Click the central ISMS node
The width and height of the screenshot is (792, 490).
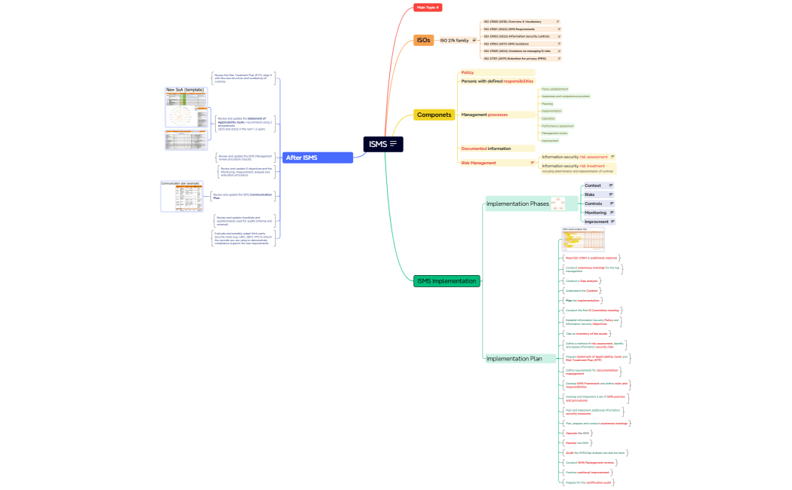383,143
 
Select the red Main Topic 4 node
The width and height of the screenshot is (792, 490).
427,8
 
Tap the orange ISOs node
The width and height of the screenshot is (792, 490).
423,40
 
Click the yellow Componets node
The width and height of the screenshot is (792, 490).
434,115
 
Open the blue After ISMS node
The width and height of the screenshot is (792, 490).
318,158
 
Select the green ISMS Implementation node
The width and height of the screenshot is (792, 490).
447,281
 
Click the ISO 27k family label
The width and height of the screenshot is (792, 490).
454,40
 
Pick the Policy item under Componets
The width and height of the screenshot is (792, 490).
468,72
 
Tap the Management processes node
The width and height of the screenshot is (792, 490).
484,115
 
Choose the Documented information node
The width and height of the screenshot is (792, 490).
486,149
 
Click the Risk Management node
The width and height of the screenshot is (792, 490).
479,163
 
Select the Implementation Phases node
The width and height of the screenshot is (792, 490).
517,204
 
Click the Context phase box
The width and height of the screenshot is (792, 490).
594,185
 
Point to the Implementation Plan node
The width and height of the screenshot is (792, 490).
514,359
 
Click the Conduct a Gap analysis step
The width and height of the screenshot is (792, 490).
582,280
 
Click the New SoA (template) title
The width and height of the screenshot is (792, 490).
185,90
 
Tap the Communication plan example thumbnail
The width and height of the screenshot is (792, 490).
182,198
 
